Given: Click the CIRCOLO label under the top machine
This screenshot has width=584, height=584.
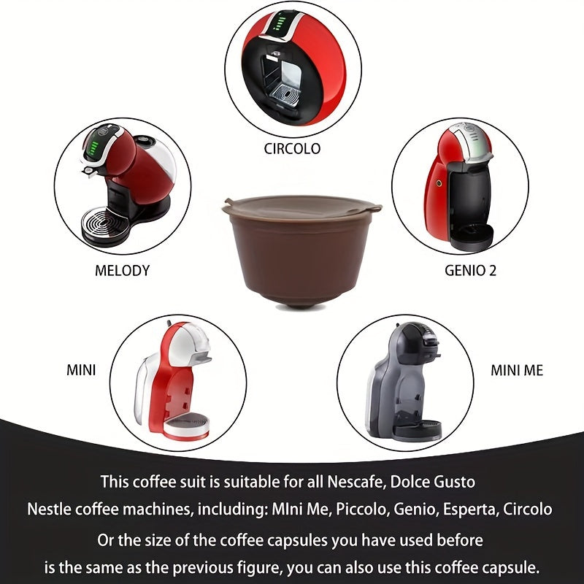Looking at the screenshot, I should click(x=291, y=149).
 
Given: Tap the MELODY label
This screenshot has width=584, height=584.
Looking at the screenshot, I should click(x=122, y=270).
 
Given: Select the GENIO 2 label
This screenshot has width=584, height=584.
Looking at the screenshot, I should click(x=470, y=270).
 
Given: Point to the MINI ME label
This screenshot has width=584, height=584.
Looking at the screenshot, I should click(x=516, y=370).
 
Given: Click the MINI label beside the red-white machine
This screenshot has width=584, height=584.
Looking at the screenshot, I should click(x=80, y=370).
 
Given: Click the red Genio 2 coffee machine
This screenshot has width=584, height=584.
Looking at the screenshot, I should click(x=458, y=187).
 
